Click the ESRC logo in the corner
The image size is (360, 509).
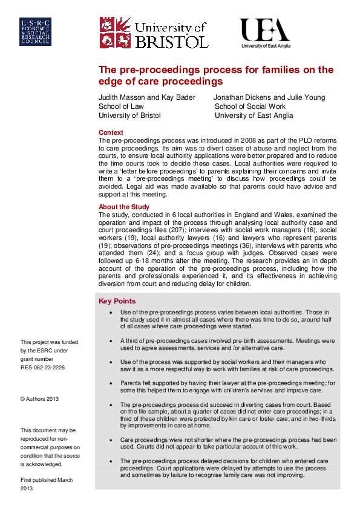pos(35,31)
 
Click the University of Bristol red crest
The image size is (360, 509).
pos(114,31)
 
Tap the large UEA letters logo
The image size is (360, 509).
pos(264,30)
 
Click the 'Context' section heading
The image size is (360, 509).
pos(111,132)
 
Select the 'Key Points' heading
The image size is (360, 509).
pos(117,301)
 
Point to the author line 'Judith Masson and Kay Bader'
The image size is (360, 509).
pos(147,97)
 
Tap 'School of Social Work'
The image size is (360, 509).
pos(251,106)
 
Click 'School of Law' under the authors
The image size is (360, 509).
pos(121,106)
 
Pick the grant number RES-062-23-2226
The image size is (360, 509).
pos(42,367)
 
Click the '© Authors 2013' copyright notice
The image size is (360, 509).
pos(39,399)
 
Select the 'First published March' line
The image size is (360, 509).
pos(47,480)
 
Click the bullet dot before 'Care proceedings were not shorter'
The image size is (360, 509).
pos(110,439)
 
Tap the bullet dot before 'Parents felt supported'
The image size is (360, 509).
pos(110,383)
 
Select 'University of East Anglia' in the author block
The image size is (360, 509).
pos(254,115)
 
